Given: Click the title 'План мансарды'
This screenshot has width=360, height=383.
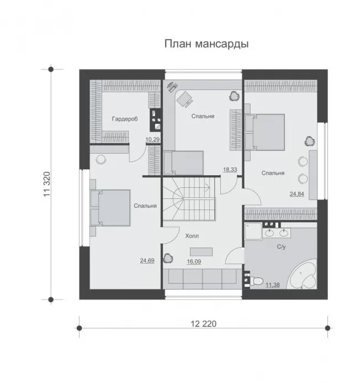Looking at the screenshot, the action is coord(207,44).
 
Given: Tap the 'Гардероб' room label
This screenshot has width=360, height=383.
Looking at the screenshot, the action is coord(125,119).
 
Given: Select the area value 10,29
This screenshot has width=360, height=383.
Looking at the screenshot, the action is coord(152,139).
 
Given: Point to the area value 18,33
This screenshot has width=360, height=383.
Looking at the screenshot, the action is coord(230,170).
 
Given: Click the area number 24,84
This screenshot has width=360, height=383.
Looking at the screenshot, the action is coord(297,194).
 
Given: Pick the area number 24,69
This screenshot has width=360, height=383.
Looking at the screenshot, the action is coord(147,260).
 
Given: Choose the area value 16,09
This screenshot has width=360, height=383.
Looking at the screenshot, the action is coord(194,261).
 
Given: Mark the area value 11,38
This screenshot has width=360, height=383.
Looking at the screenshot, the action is coord(273,285).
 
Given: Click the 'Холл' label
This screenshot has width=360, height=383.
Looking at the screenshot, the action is coord(192,236).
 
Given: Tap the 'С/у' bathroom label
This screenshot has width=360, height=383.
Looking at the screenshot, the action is coord(281,247).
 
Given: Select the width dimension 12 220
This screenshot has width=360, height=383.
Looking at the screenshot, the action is coord(203,324).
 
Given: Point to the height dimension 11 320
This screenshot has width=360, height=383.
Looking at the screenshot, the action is coord(47,184).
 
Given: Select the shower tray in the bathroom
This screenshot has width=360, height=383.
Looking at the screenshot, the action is coord(253,232).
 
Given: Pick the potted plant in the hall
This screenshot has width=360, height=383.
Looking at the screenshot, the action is coord(168,258).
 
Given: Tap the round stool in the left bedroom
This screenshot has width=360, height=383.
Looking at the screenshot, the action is coord(101,160).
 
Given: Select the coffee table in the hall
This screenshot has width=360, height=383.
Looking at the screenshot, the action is coord(202,252).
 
